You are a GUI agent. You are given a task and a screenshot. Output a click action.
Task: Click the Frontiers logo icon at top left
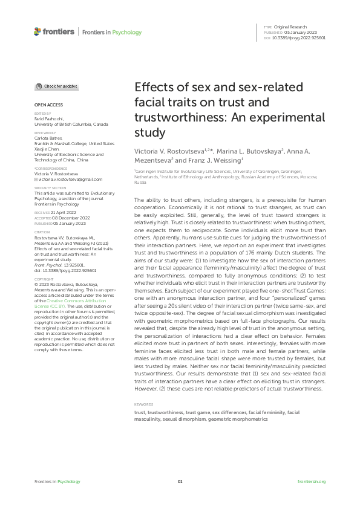(38, 31)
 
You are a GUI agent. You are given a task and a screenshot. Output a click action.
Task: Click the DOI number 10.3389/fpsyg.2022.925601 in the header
(299, 38)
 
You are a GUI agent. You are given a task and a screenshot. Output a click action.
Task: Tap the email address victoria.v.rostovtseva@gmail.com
(70, 180)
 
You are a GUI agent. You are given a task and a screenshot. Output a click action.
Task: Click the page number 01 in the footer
(180, 482)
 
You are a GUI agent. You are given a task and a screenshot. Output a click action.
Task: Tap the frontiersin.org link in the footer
(312, 482)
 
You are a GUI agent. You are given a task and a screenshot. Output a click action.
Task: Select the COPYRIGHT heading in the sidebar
(44, 279)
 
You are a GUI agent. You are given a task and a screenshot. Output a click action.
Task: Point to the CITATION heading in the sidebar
(42, 232)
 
